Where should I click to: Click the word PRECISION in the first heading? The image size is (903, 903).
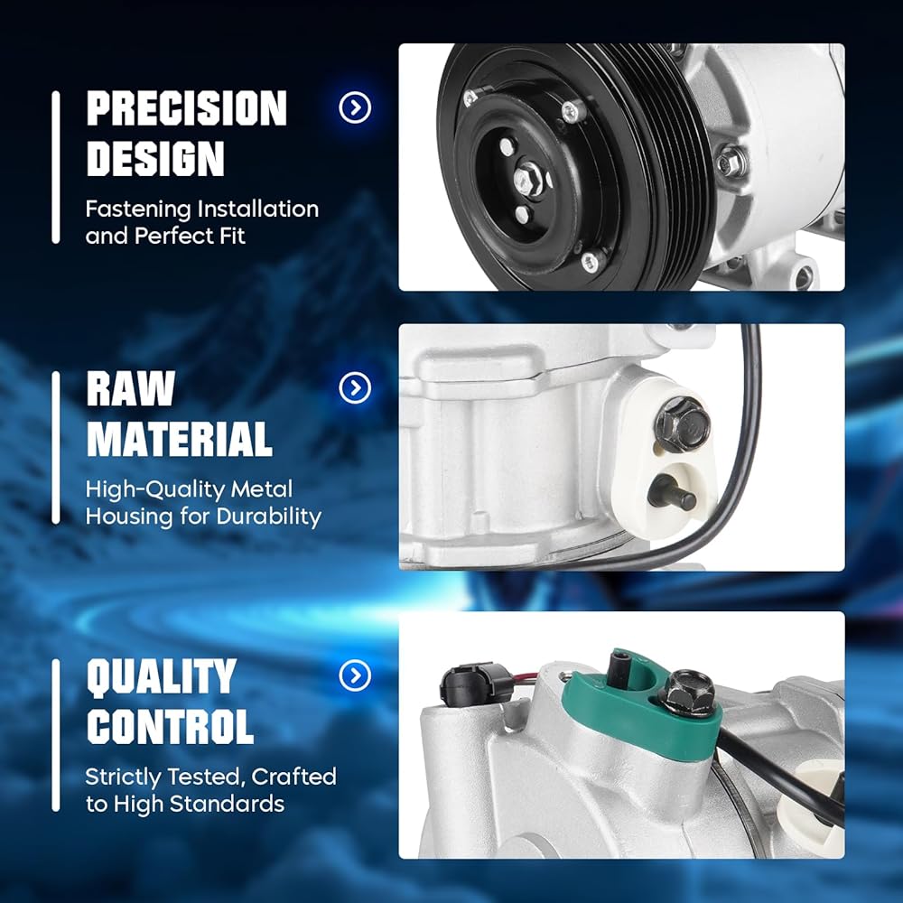[x=187, y=107]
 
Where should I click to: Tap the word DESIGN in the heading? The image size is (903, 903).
[x=155, y=158]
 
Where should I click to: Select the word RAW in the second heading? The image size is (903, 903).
[x=131, y=388]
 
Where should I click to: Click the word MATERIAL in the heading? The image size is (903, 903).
[x=179, y=439]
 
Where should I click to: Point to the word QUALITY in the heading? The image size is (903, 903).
[x=162, y=675]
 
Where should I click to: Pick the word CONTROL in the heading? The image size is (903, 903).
[x=170, y=726]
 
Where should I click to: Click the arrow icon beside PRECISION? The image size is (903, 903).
[x=355, y=107]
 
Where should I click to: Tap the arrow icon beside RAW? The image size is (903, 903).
[x=355, y=388]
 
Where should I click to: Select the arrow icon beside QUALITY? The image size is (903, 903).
[x=355, y=675]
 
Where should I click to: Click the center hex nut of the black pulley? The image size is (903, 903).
[x=528, y=180]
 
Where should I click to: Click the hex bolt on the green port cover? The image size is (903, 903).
[x=689, y=693]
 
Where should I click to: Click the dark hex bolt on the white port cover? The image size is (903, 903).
[x=684, y=424]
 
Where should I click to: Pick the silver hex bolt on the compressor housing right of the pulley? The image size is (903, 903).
[x=731, y=162]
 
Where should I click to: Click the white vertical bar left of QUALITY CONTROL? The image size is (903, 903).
[x=56, y=735]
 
